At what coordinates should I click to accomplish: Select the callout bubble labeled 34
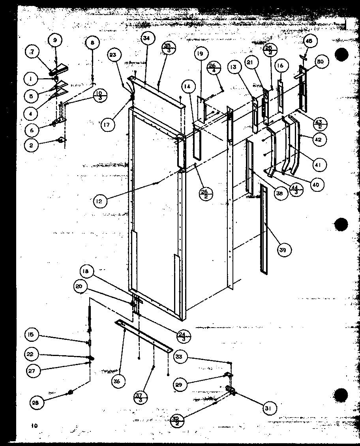pyautogui.click(x=147, y=38)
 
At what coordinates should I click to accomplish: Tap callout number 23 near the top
pyautogui.click(x=113, y=56)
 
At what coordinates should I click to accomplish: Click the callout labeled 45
pyautogui.click(x=309, y=41)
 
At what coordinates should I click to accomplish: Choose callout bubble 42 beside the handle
pyautogui.click(x=319, y=139)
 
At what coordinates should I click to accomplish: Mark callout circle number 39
pyautogui.click(x=284, y=249)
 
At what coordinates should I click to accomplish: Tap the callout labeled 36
pyautogui.click(x=118, y=381)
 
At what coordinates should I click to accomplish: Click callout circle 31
pyautogui.click(x=270, y=408)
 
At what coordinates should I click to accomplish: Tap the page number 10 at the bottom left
pyautogui.click(x=35, y=425)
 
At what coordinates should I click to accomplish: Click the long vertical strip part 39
pyautogui.click(x=264, y=229)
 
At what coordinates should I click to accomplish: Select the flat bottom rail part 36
pyautogui.click(x=144, y=336)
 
